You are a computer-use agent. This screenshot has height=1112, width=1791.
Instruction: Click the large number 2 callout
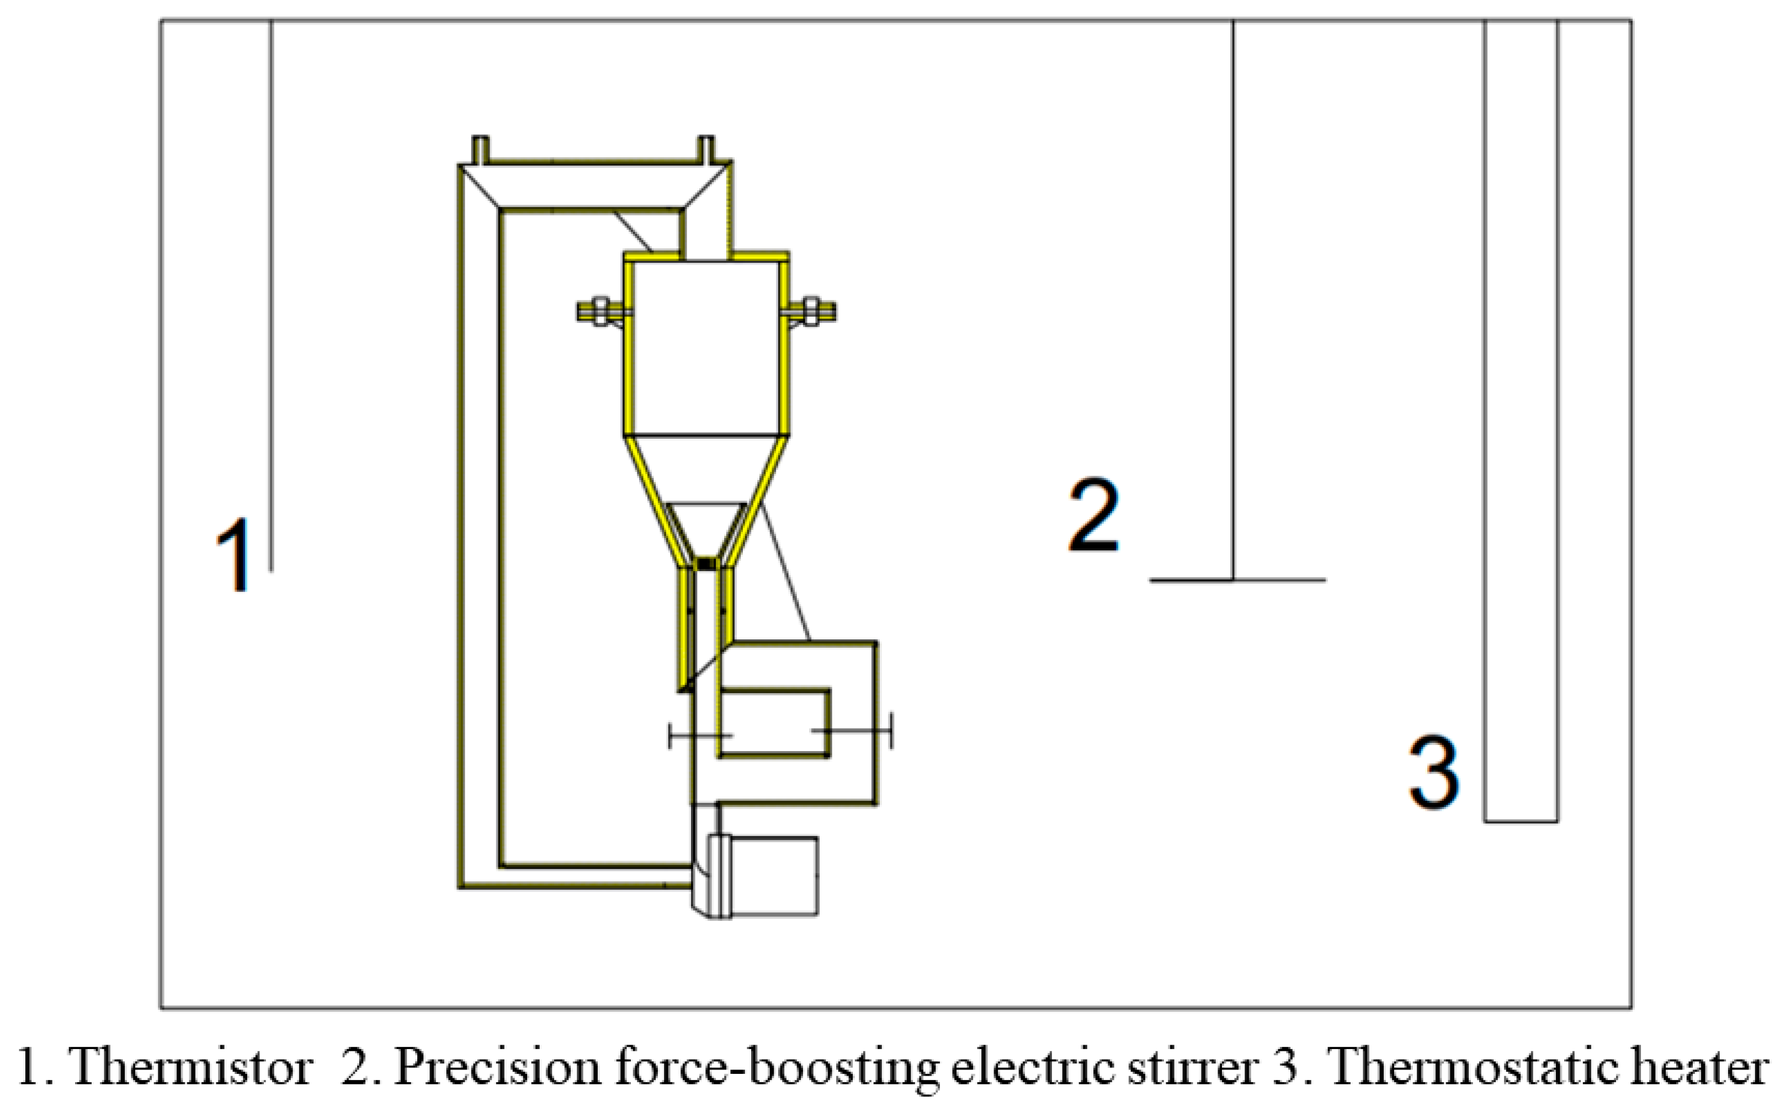pos(1094,515)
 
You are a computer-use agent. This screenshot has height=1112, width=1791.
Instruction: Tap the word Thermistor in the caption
pos(190,1067)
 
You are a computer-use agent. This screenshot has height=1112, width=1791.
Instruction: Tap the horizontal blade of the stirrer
pos(1238,580)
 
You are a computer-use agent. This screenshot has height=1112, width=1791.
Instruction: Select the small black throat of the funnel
pos(705,563)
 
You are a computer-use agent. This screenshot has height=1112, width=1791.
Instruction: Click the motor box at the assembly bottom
pos(772,876)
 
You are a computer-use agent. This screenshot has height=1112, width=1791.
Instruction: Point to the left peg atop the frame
pos(480,148)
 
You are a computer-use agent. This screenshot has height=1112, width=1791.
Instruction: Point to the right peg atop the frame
pos(705,148)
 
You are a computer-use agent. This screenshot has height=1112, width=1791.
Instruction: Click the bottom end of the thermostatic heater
pos(1521,820)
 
